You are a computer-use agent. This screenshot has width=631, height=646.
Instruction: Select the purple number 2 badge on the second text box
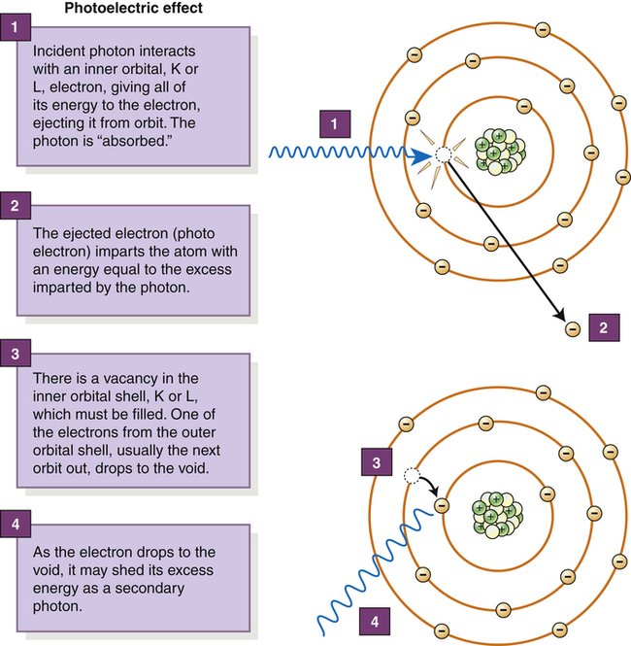pyautogui.click(x=15, y=207)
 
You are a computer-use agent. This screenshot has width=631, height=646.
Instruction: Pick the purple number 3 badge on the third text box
pyautogui.click(x=15, y=353)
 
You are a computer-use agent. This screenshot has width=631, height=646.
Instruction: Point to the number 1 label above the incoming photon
pyautogui.click(x=334, y=125)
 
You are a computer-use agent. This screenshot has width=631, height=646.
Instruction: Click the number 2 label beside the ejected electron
pyautogui.click(x=603, y=328)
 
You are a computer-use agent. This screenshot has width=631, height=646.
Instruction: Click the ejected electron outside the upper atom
pyautogui.click(x=572, y=328)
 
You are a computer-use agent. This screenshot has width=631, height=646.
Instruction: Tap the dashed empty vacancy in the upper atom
pyautogui.click(x=444, y=153)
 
